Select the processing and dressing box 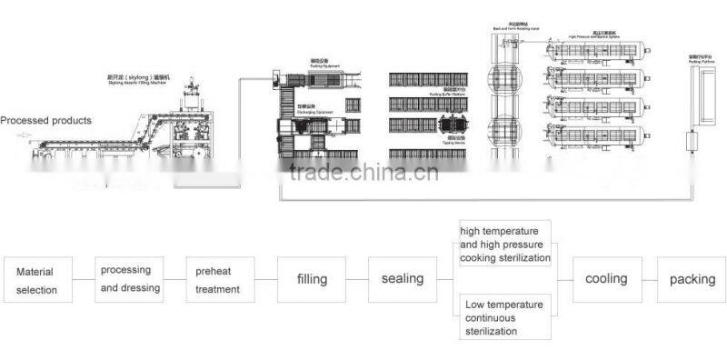point(130,279)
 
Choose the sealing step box point(402,279)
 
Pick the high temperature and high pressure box point(504,245)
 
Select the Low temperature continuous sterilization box point(504,316)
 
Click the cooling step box point(606,279)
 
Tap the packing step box point(692,279)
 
